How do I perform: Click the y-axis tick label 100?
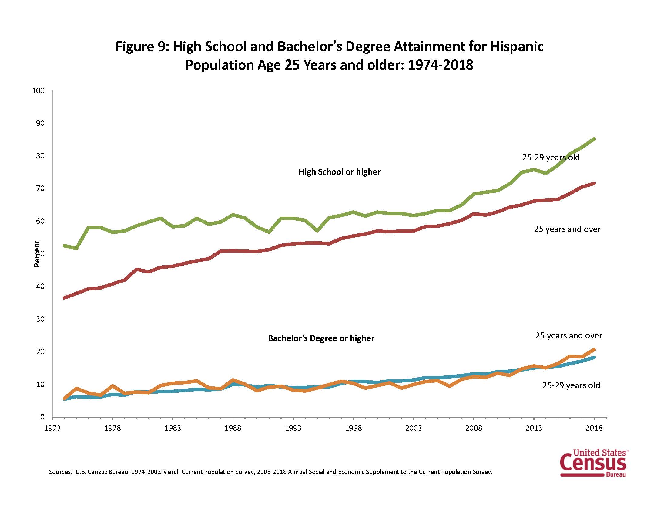tap(38, 91)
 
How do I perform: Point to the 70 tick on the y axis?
tap(40, 188)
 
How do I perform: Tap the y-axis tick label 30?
tap(40, 319)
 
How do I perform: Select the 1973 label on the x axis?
tap(52, 428)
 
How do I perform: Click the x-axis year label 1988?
tap(233, 428)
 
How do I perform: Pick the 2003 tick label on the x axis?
tap(413, 428)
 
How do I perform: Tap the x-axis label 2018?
tap(594, 428)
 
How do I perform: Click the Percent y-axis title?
tap(37, 254)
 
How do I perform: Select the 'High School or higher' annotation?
tap(339, 172)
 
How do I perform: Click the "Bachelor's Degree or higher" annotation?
tap(321, 338)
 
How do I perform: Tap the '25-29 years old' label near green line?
tap(551, 158)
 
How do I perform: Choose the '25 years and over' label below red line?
tap(567, 229)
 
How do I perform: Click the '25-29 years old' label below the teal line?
tap(571, 385)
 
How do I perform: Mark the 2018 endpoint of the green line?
tap(594, 139)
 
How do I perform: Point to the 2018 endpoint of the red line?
tap(594, 183)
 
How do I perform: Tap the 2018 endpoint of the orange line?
tap(594, 349)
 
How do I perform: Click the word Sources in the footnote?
tap(60, 472)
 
